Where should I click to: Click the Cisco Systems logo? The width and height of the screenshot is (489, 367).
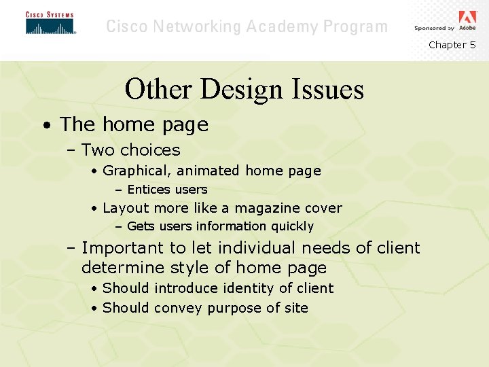coord(50,23)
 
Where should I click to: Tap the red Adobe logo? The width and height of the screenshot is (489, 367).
coord(467,18)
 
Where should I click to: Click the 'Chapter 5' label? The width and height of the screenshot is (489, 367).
coord(452,45)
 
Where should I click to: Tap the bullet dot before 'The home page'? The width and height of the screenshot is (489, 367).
coord(45,126)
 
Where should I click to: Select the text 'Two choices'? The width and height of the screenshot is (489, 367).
coord(130,150)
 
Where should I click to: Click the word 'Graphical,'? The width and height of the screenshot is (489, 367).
coord(135,171)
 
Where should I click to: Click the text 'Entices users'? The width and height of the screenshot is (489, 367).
coord(167,190)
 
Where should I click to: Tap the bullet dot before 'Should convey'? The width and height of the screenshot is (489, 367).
coord(93,309)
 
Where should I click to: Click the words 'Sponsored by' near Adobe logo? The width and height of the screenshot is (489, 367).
coord(434,28)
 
